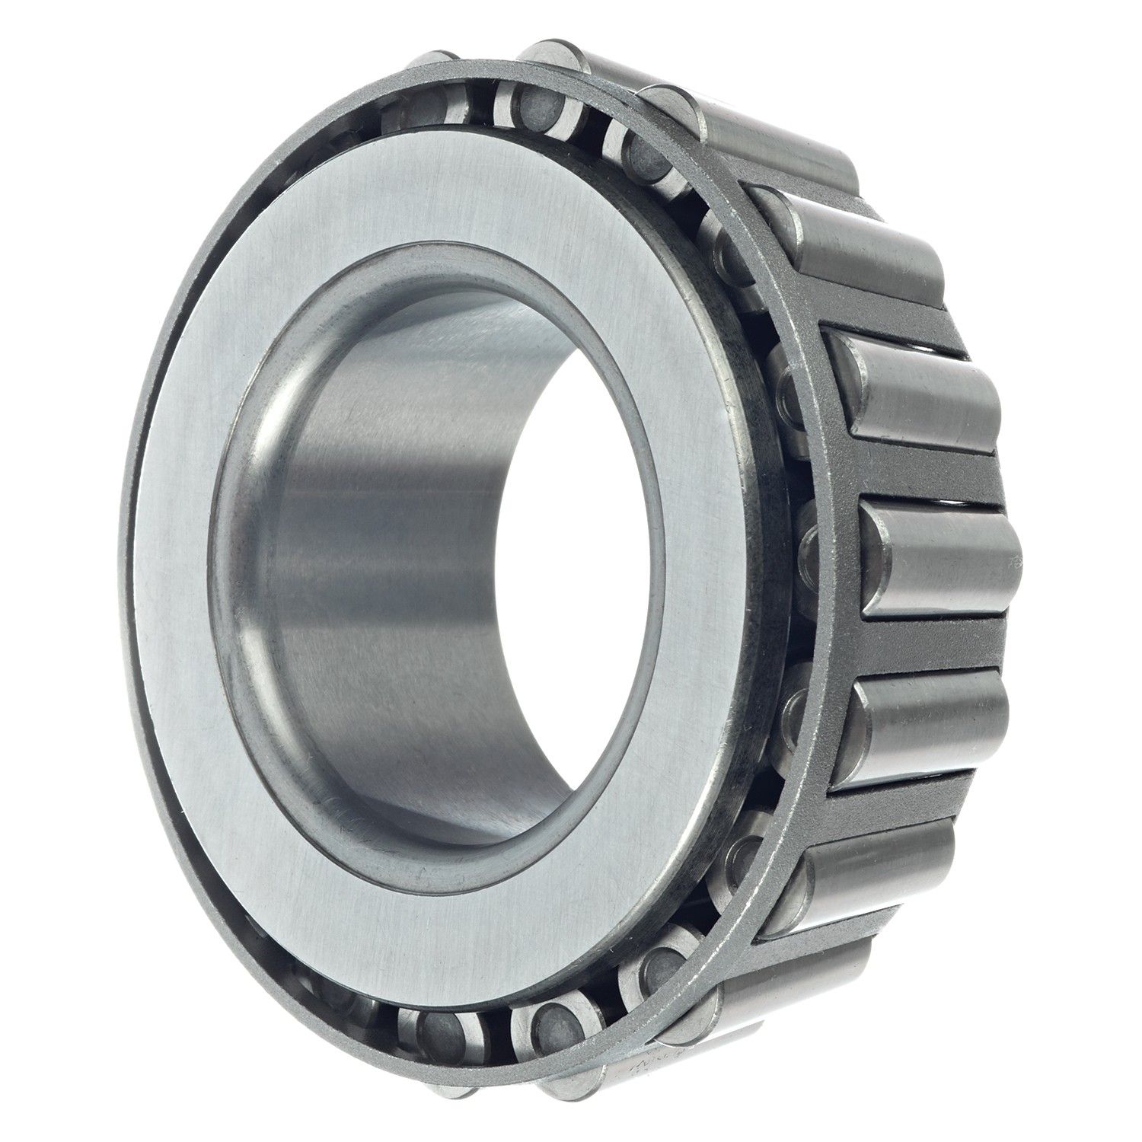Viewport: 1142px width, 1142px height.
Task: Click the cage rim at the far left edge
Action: [129, 579]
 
